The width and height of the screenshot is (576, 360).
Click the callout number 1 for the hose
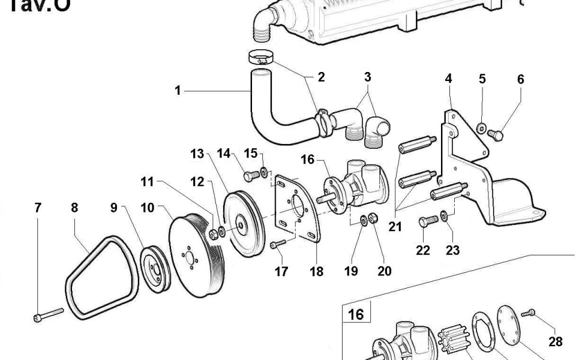pyautogui.click(x=178, y=91)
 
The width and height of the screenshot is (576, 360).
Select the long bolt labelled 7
pyautogui.click(x=49, y=314)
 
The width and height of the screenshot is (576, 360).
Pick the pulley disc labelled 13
pyautogui.click(x=242, y=224)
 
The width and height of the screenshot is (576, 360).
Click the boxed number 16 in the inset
pyautogui.click(x=356, y=314)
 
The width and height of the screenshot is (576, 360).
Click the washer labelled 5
pyautogui.click(x=482, y=127)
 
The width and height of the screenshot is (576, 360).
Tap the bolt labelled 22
pyautogui.click(x=427, y=222)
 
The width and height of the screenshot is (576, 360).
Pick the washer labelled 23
pyautogui.click(x=444, y=215)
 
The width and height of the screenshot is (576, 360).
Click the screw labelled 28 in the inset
pyautogui.click(x=529, y=313)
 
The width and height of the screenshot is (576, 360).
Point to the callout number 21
pyautogui.click(x=395, y=226)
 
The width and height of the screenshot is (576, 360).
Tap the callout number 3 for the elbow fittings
pyautogui.click(x=367, y=77)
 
